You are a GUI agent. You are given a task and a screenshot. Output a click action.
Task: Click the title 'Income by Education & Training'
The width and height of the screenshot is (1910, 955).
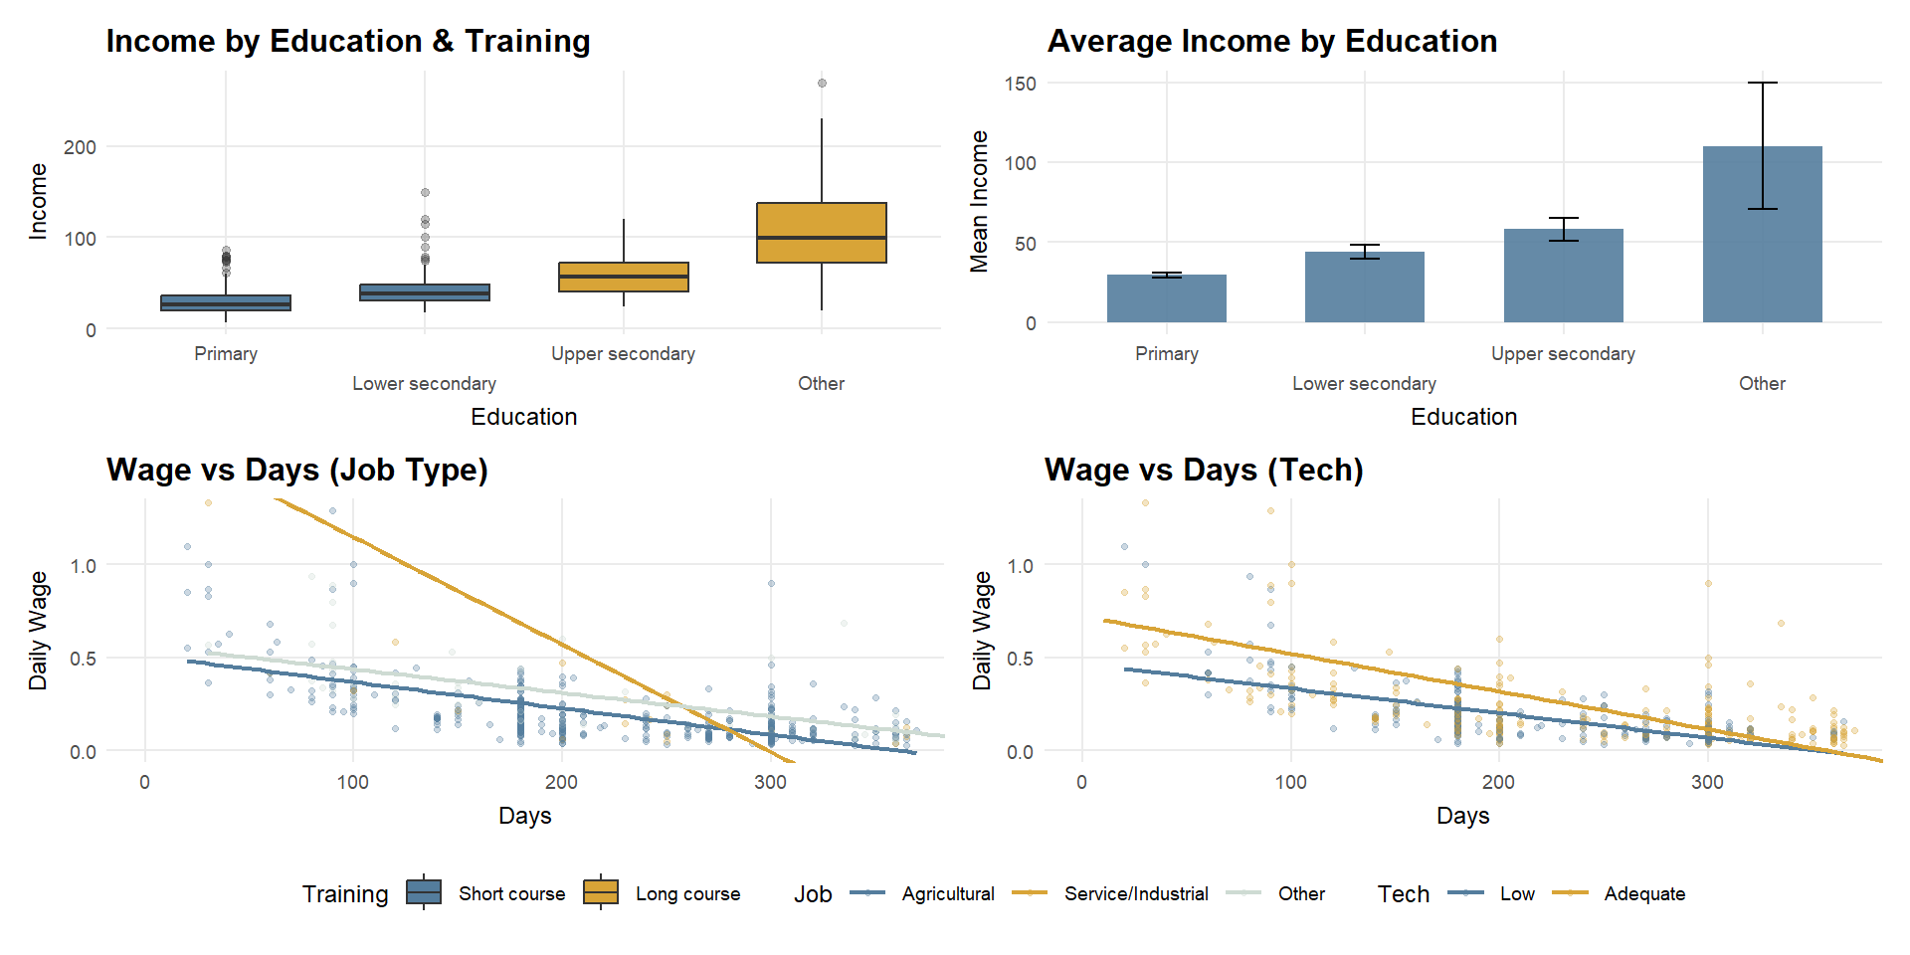click(348, 41)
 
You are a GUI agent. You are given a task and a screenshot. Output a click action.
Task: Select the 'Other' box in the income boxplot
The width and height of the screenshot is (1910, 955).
click(821, 233)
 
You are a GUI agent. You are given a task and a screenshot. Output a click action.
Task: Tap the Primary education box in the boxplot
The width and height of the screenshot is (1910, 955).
click(226, 303)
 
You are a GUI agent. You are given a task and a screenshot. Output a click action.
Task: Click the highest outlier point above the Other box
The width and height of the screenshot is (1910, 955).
click(822, 84)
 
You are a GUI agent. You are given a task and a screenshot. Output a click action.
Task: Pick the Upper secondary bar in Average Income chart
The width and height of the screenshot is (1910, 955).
click(1563, 276)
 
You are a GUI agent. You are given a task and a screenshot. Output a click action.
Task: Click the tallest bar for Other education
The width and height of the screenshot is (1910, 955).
click(1762, 235)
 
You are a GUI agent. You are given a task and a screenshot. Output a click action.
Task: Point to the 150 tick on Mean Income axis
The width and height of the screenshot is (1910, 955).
click(1021, 84)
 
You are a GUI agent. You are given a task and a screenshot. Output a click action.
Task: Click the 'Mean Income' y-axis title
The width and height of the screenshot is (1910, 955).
click(980, 201)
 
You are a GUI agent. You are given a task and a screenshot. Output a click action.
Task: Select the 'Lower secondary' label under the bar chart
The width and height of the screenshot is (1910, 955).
click(1364, 384)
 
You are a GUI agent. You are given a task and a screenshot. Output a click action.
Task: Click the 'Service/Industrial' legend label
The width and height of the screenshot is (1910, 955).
click(1136, 893)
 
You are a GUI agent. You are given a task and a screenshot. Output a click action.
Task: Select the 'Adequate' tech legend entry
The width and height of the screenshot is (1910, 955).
click(1644, 893)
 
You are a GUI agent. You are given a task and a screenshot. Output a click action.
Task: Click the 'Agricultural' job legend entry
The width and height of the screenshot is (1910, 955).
click(947, 893)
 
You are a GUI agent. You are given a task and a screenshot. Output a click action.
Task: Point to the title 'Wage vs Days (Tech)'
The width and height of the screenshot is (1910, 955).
click(1204, 470)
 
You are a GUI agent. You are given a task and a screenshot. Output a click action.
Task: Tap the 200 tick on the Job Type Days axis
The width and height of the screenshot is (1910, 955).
click(561, 782)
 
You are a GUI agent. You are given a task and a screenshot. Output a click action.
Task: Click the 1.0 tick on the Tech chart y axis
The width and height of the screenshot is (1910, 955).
click(1020, 565)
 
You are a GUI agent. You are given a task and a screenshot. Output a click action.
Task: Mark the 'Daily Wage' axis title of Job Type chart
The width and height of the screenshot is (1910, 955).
click(39, 631)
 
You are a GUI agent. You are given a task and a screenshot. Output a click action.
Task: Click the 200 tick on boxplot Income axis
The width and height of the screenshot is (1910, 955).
click(80, 147)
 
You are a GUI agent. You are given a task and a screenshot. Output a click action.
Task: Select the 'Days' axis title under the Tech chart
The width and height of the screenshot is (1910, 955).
click(1462, 816)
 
